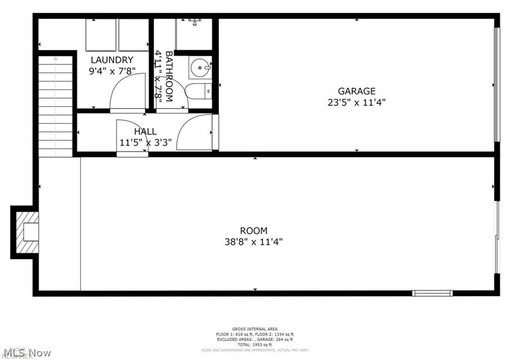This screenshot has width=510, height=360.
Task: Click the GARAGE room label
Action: [357, 91]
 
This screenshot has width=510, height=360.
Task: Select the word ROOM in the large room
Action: [254, 231]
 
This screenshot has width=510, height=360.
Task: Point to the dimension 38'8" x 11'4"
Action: [254, 242]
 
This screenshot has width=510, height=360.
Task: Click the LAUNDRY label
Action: [112, 60]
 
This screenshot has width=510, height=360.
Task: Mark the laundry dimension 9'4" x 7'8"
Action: [112, 71]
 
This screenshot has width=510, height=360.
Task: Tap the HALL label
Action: [145, 131]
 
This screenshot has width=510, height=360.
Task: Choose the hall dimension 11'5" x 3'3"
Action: [145, 142]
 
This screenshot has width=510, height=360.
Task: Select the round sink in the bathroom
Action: [201, 68]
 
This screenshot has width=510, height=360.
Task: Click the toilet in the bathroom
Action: [199, 92]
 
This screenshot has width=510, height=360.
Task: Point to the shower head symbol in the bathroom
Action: [195, 21]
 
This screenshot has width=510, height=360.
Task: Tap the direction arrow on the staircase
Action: [55, 59]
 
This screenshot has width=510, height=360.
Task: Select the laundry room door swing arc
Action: [127, 92]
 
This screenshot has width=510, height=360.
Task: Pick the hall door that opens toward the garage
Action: [195, 132]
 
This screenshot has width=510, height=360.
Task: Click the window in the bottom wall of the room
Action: [432, 293]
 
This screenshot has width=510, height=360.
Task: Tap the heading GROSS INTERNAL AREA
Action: [255, 329]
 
